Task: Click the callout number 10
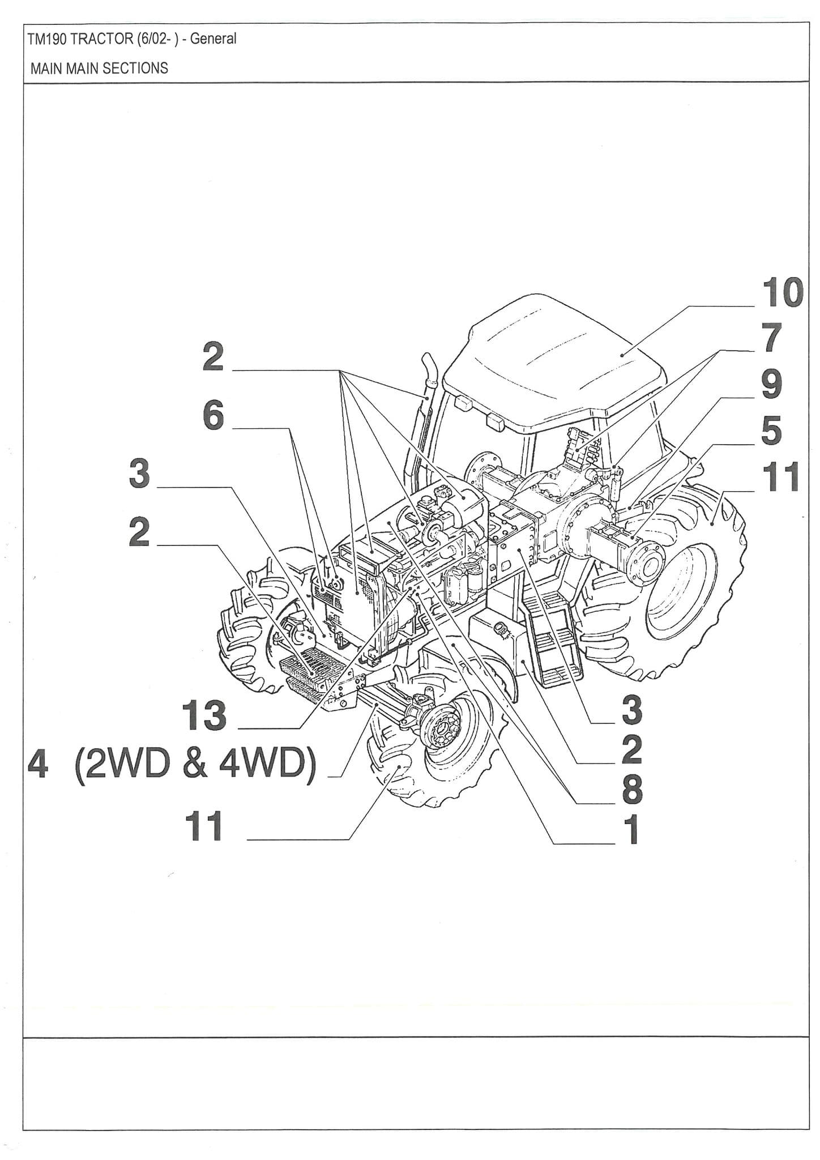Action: (782, 293)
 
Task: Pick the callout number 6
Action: (213, 416)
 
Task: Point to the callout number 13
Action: (204, 715)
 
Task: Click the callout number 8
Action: (632, 789)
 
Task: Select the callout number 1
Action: (632, 830)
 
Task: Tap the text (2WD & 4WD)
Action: (195, 764)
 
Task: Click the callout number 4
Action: (38, 764)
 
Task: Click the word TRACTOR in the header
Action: (102, 39)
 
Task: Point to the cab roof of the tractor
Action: (555, 357)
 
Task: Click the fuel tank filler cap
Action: (501, 627)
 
